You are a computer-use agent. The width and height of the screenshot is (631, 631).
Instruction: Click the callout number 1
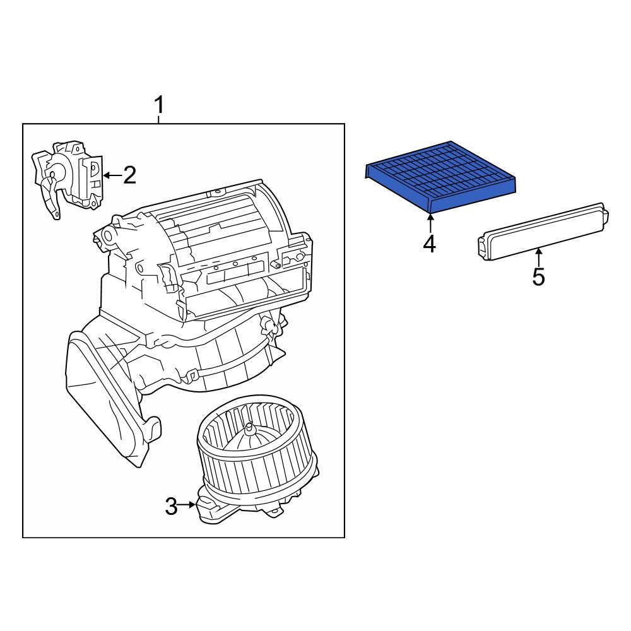[159, 104]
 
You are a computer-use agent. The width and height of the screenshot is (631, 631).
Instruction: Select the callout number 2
[129, 175]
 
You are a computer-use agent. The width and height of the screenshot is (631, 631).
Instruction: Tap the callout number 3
[171, 506]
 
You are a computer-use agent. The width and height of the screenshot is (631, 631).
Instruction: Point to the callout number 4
[429, 244]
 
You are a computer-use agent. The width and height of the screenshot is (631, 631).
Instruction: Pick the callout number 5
[538, 276]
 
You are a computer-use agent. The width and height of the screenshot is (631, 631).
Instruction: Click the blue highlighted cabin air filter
[442, 174]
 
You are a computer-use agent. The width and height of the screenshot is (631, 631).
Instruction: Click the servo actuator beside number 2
[69, 177]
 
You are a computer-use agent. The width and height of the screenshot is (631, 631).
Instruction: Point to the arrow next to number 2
[110, 175]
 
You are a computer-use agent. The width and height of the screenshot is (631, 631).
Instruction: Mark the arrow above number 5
[538, 257]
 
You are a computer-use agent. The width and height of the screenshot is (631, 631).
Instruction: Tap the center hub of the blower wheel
[252, 429]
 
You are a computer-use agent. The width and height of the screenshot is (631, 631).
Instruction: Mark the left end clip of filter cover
[482, 247]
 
